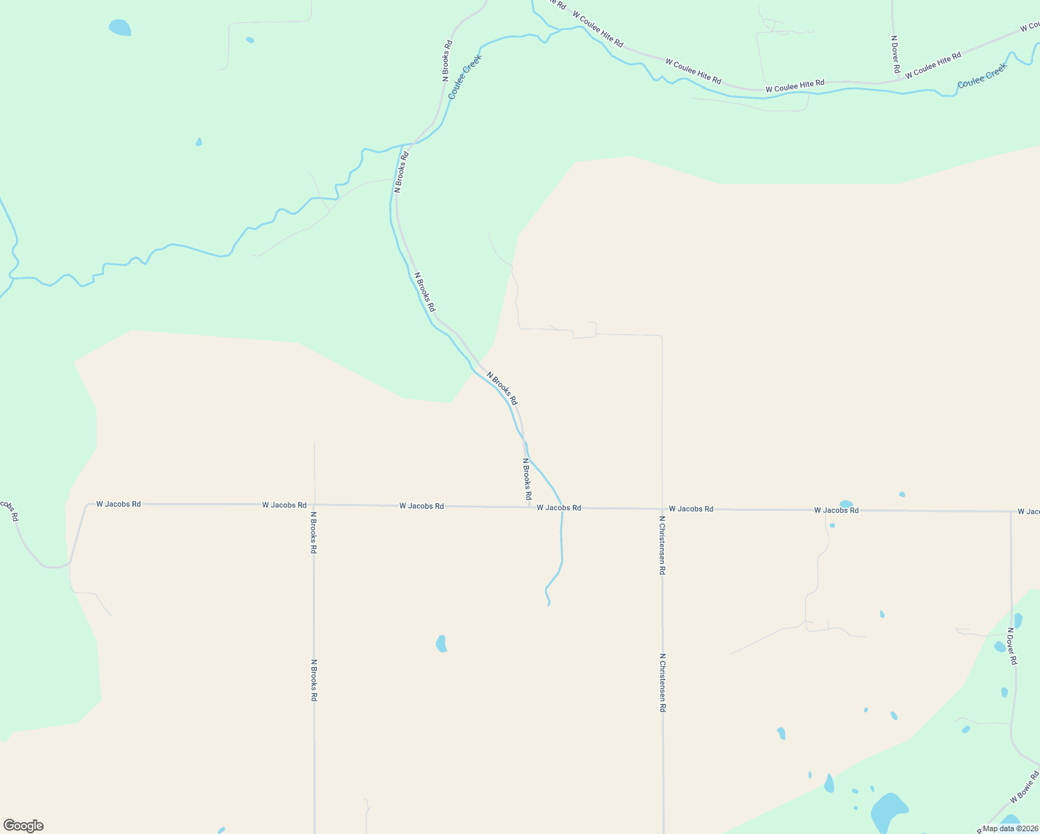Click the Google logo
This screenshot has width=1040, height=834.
point(24,826)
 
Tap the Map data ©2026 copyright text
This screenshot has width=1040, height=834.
point(1010,828)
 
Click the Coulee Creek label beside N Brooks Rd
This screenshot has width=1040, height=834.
point(464,76)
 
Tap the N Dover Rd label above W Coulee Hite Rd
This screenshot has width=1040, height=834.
point(896,55)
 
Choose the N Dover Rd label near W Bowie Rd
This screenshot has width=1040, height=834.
point(1012,646)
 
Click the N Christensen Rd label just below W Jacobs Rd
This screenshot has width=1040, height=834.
point(663,545)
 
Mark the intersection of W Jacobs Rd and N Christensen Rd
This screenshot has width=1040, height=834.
point(663,509)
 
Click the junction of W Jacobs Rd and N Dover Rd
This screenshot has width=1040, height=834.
point(1011,512)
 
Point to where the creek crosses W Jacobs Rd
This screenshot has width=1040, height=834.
point(562,508)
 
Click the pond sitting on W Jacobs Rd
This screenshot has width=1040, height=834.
point(846,505)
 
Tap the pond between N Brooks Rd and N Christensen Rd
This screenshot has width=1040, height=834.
point(441,644)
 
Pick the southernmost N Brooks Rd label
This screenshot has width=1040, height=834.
point(314,680)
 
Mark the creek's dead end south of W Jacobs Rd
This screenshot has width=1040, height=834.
point(549,605)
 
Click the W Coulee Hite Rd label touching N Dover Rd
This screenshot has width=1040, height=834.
point(933,65)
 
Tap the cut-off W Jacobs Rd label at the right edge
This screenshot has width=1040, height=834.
point(1028,512)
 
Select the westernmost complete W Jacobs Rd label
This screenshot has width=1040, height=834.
point(118,504)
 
